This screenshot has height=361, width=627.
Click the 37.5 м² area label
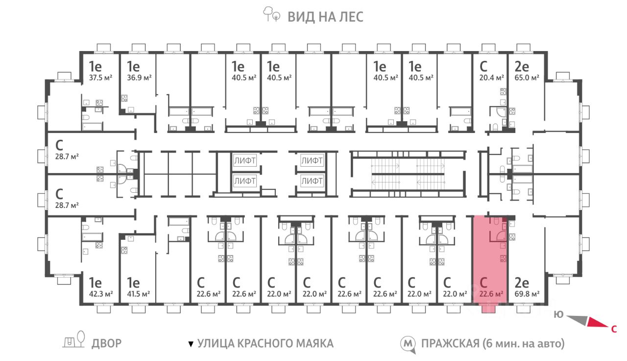coord(100,77)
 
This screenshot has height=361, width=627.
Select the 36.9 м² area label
coord(139,77)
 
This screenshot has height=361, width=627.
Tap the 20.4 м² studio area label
coord(491,77)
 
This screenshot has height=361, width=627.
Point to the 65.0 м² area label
coord(527,77)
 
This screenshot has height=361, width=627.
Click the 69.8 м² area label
coord(527,294)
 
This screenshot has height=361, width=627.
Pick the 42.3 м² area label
coord(101,294)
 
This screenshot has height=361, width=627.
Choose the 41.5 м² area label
coord(138,294)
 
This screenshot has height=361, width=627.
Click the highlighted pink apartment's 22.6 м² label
coord(491,294)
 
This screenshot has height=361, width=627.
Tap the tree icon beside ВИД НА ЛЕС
coord(271,14)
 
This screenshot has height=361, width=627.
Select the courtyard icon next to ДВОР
coord(74,340)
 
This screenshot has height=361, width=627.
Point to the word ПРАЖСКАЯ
coord(450,343)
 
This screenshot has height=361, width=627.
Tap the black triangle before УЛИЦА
coord(191,344)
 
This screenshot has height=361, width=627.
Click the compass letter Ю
coord(558,314)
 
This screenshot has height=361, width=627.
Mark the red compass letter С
coord(614,329)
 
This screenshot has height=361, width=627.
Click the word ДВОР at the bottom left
coord(107,343)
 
